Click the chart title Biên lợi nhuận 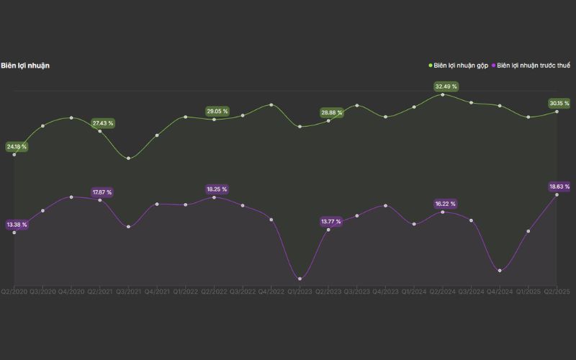25,66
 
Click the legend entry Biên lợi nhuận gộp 462,66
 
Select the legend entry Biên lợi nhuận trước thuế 534,66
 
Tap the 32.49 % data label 446,86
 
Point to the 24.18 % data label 16,147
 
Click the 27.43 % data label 103,123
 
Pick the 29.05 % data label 217,112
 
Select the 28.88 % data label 331,113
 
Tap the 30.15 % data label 559,104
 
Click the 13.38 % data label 16,225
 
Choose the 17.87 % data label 102,192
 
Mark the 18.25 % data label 217,189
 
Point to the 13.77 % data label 331,222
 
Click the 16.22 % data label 446,204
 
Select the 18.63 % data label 559,186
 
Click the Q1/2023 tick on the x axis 300,292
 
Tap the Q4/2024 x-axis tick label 500,292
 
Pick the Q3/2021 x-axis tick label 128,292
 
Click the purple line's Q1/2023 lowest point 300,279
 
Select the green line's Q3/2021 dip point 128,158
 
